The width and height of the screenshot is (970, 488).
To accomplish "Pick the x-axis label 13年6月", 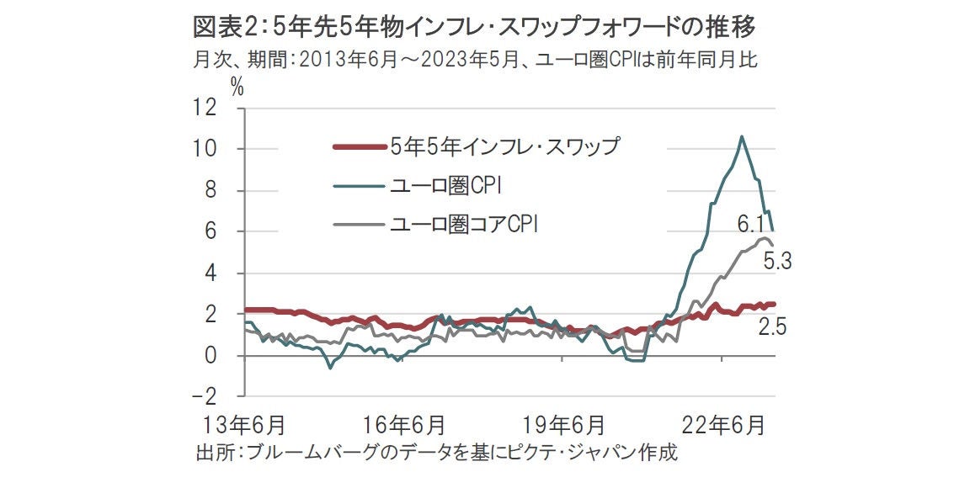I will click(x=239, y=422).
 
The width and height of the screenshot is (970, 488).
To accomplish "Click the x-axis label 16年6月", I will click(x=400, y=422).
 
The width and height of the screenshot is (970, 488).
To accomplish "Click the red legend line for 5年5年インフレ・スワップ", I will click(x=360, y=147).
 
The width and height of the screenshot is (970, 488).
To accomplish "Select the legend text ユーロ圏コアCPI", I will click(x=464, y=225).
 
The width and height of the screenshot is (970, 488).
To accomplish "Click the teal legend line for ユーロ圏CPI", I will click(x=360, y=186).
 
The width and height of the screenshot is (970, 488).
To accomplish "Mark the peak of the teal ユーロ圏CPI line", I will click(x=741, y=136).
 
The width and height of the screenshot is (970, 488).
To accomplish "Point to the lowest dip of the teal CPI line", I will click(x=330, y=368).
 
